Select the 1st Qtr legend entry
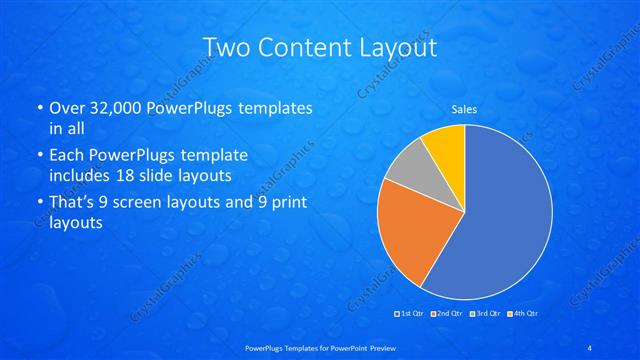(411, 314)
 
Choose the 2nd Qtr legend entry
(447, 314)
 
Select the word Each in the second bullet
(68, 155)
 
